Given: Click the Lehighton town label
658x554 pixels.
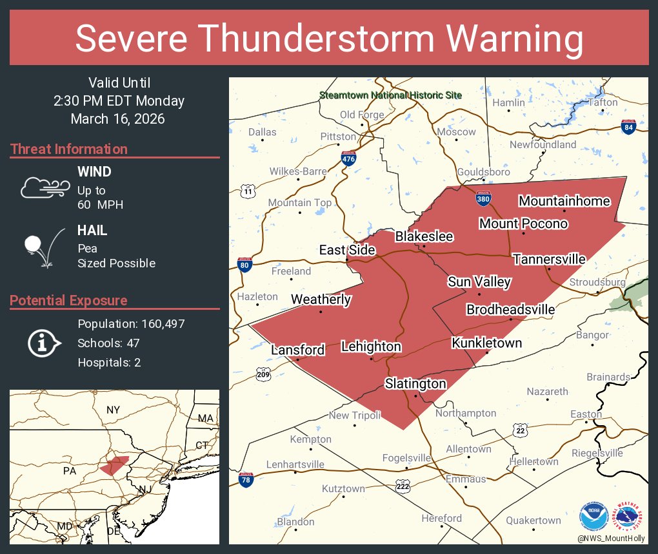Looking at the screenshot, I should click(x=371, y=347).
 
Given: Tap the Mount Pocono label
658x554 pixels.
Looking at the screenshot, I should click(x=523, y=224).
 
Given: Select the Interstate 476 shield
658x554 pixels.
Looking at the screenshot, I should click(x=348, y=159).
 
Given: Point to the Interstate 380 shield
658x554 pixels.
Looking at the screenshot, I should click(x=483, y=198).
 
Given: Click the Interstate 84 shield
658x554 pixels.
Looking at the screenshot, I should click(x=628, y=126).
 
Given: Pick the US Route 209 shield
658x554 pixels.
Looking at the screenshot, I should click(x=263, y=374).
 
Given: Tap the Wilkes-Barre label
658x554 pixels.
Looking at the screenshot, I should click(x=298, y=172).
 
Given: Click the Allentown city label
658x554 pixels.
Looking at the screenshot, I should click(x=468, y=449).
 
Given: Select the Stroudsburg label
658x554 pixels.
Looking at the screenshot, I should click(x=597, y=283).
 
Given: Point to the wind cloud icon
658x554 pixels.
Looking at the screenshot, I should click(x=45, y=187).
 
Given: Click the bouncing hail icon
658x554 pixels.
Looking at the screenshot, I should click(x=44, y=246).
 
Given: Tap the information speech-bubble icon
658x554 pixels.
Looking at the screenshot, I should click(x=43, y=343).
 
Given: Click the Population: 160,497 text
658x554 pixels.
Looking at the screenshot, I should click(x=131, y=323).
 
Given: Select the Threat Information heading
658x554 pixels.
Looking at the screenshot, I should click(x=69, y=149).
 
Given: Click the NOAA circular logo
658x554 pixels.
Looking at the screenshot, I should click(x=593, y=517).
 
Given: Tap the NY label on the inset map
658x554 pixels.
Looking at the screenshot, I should click(x=114, y=410).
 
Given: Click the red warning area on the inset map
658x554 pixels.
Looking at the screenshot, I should click(x=115, y=464).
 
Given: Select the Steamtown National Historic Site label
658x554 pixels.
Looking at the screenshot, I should click(x=391, y=95).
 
